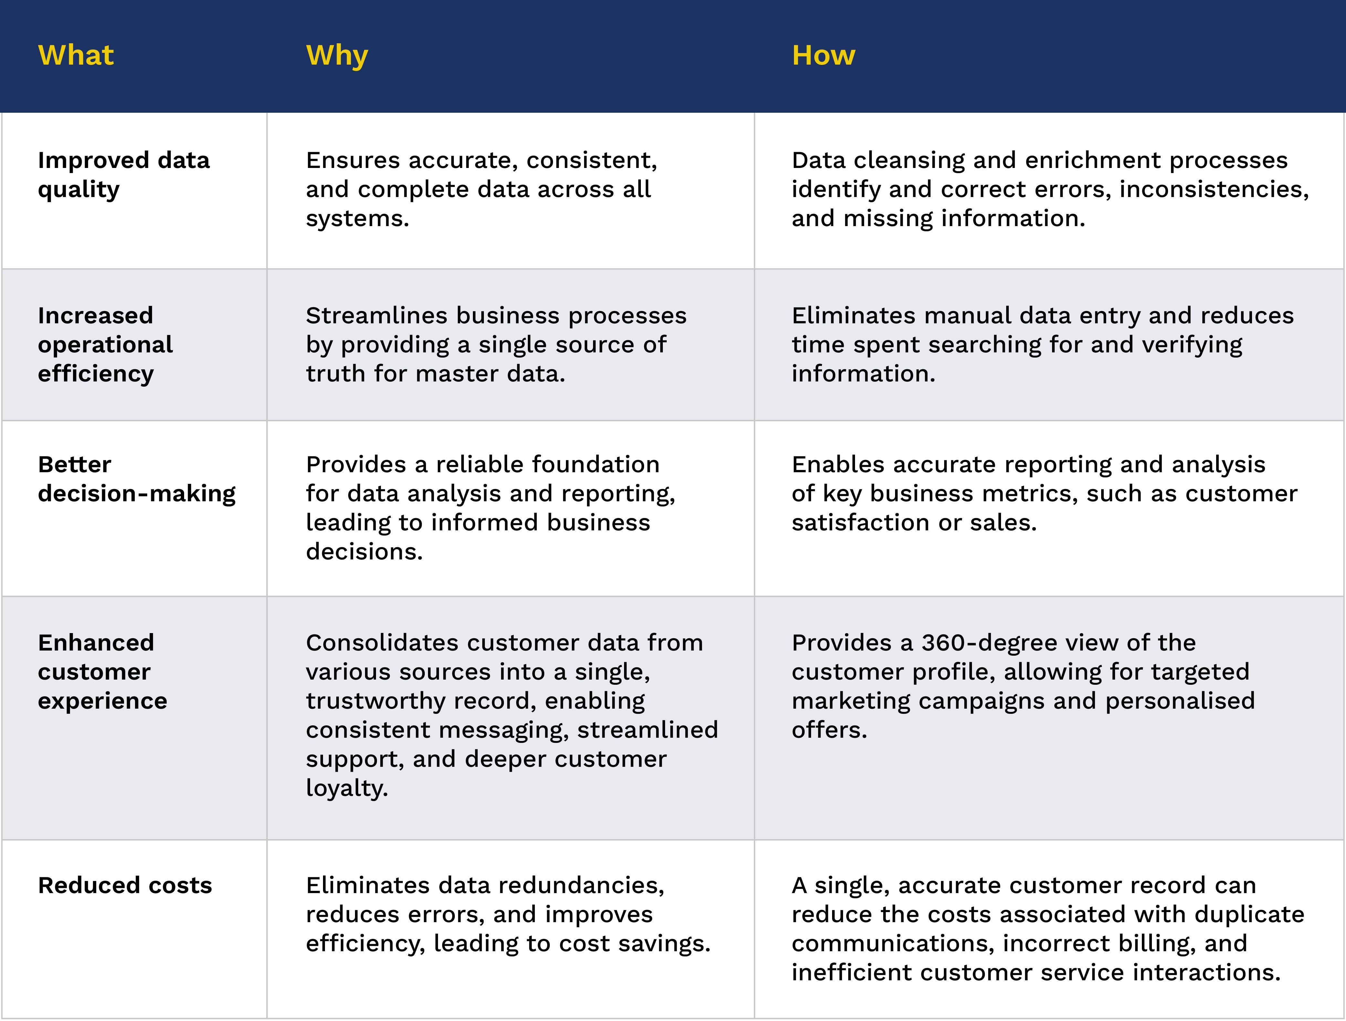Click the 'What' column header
76,55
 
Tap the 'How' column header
823,55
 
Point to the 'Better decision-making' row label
136,479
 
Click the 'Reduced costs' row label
125,885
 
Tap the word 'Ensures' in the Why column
352,161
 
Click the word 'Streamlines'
377,316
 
